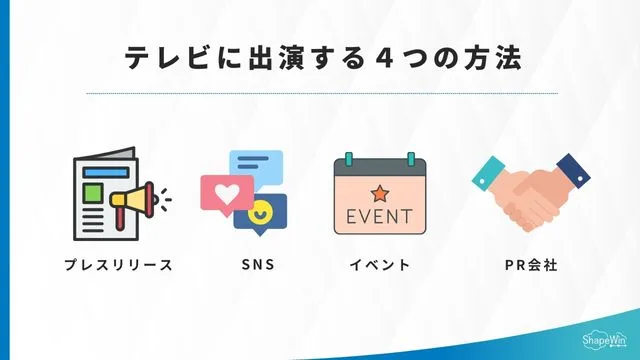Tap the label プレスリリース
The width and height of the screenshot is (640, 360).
coord(118,266)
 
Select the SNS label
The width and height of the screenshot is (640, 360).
coord(257,266)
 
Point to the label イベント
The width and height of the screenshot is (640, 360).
coord(379,266)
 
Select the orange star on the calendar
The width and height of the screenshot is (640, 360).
coord(380,191)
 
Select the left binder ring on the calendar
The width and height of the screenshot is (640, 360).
coord(349,158)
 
